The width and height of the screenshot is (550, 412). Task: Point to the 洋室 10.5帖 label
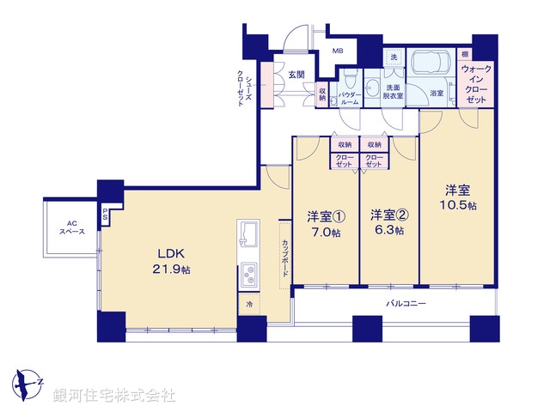coord(455,197)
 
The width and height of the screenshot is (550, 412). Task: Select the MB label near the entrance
coord(337,50)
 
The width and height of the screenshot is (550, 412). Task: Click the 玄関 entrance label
coord(297,75)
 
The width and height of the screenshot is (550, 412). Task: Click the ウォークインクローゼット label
coord(477,83)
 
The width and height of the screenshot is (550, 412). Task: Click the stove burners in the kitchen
coord(249,275)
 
